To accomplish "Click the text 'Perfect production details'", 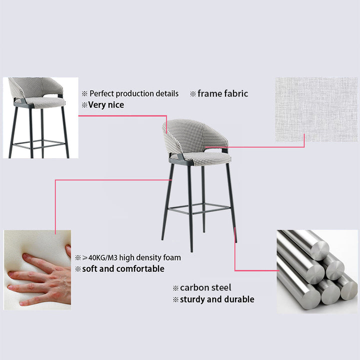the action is pyautogui.click(x=134, y=93).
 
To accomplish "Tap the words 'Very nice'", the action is pyautogui.click(x=106, y=105).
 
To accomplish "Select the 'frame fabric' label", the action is pyautogui.click(x=222, y=93).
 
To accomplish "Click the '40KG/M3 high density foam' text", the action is pyautogui.click(x=134, y=257).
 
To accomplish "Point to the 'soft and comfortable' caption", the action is pyautogui.click(x=123, y=269).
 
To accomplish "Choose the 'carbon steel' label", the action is pyautogui.click(x=205, y=287).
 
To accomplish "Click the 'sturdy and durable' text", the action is pyautogui.click(x=217, y=299).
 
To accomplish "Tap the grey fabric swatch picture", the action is pyautogui.click(x=316, y=109).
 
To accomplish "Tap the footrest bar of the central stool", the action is pyautogui.click(x=199, y=208).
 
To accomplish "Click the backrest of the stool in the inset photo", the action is pyautogui.click(x=34, y=88).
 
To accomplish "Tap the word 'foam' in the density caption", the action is pyautogui.click(x=172, y=257).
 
